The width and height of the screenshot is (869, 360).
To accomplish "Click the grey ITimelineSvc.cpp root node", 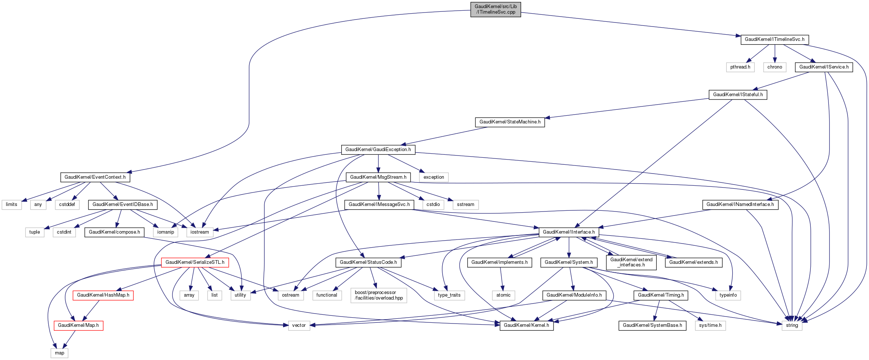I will point(495,9).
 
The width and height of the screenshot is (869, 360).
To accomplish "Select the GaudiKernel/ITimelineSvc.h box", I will point(774,39).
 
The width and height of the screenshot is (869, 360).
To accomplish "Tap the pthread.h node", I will point(740,67).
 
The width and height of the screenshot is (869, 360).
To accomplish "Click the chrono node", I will point(775,67).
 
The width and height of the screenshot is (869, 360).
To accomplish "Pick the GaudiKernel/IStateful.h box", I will point(738,95).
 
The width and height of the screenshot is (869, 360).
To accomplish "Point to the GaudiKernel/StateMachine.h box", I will point(510,122).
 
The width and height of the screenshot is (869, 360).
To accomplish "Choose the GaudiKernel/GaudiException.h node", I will point(378,150).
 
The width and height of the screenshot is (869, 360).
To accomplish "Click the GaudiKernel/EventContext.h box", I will point(95,177).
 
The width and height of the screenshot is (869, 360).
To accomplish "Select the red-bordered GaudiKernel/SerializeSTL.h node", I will point(195,262).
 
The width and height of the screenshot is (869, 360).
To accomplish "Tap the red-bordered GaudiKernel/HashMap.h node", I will point(103,295).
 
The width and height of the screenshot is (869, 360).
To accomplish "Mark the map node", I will point(60,353).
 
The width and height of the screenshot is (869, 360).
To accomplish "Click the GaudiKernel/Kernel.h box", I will point(526,325).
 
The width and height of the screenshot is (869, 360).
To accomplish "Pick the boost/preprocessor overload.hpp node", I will point(379,295).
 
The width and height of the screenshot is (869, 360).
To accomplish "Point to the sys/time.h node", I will point(710,325).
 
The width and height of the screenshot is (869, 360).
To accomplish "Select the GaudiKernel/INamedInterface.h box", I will point(740,205).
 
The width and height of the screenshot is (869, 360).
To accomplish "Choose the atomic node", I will point(503,295).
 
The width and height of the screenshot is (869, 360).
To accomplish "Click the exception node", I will point(434,177).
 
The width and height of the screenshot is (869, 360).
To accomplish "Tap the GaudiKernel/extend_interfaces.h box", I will point(631,262).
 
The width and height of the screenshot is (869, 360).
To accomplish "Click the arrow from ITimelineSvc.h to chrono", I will point(775,53).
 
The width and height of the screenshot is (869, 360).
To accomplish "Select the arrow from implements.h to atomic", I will point(501,279).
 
